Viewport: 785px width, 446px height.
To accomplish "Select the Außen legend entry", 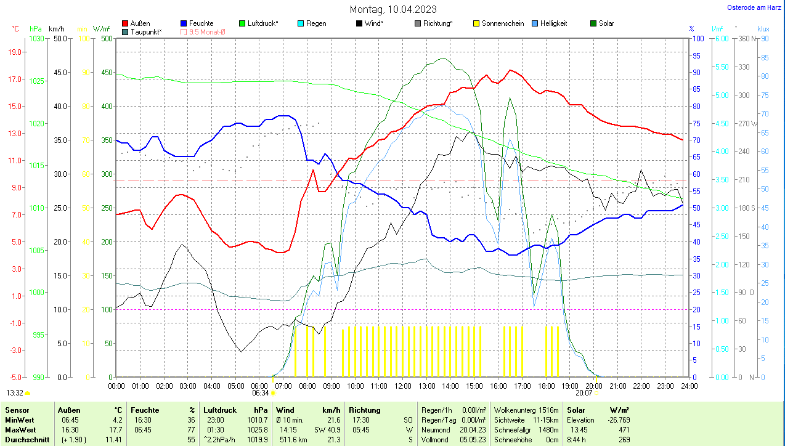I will pos(140,23).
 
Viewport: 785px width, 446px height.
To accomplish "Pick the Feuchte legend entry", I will pos(201,23).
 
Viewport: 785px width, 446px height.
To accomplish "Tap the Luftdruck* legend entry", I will pos(262,23).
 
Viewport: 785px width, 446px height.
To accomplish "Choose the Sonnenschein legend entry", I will pos(503,23).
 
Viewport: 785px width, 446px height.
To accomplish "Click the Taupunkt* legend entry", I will pos(146,31).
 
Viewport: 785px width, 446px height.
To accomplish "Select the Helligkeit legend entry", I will pos(553,23).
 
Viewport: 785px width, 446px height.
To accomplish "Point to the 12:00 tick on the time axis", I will pos(402,386).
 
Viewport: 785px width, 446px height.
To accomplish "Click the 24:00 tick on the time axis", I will pos(688,386).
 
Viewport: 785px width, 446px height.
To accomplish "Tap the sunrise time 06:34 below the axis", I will pos(261,393).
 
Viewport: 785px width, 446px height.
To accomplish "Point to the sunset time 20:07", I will pos(584,393).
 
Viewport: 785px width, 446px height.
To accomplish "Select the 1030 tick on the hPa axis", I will pos(37,39).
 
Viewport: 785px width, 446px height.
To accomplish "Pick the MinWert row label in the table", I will pos(19,420).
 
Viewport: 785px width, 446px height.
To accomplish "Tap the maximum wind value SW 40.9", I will pos(327,430).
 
